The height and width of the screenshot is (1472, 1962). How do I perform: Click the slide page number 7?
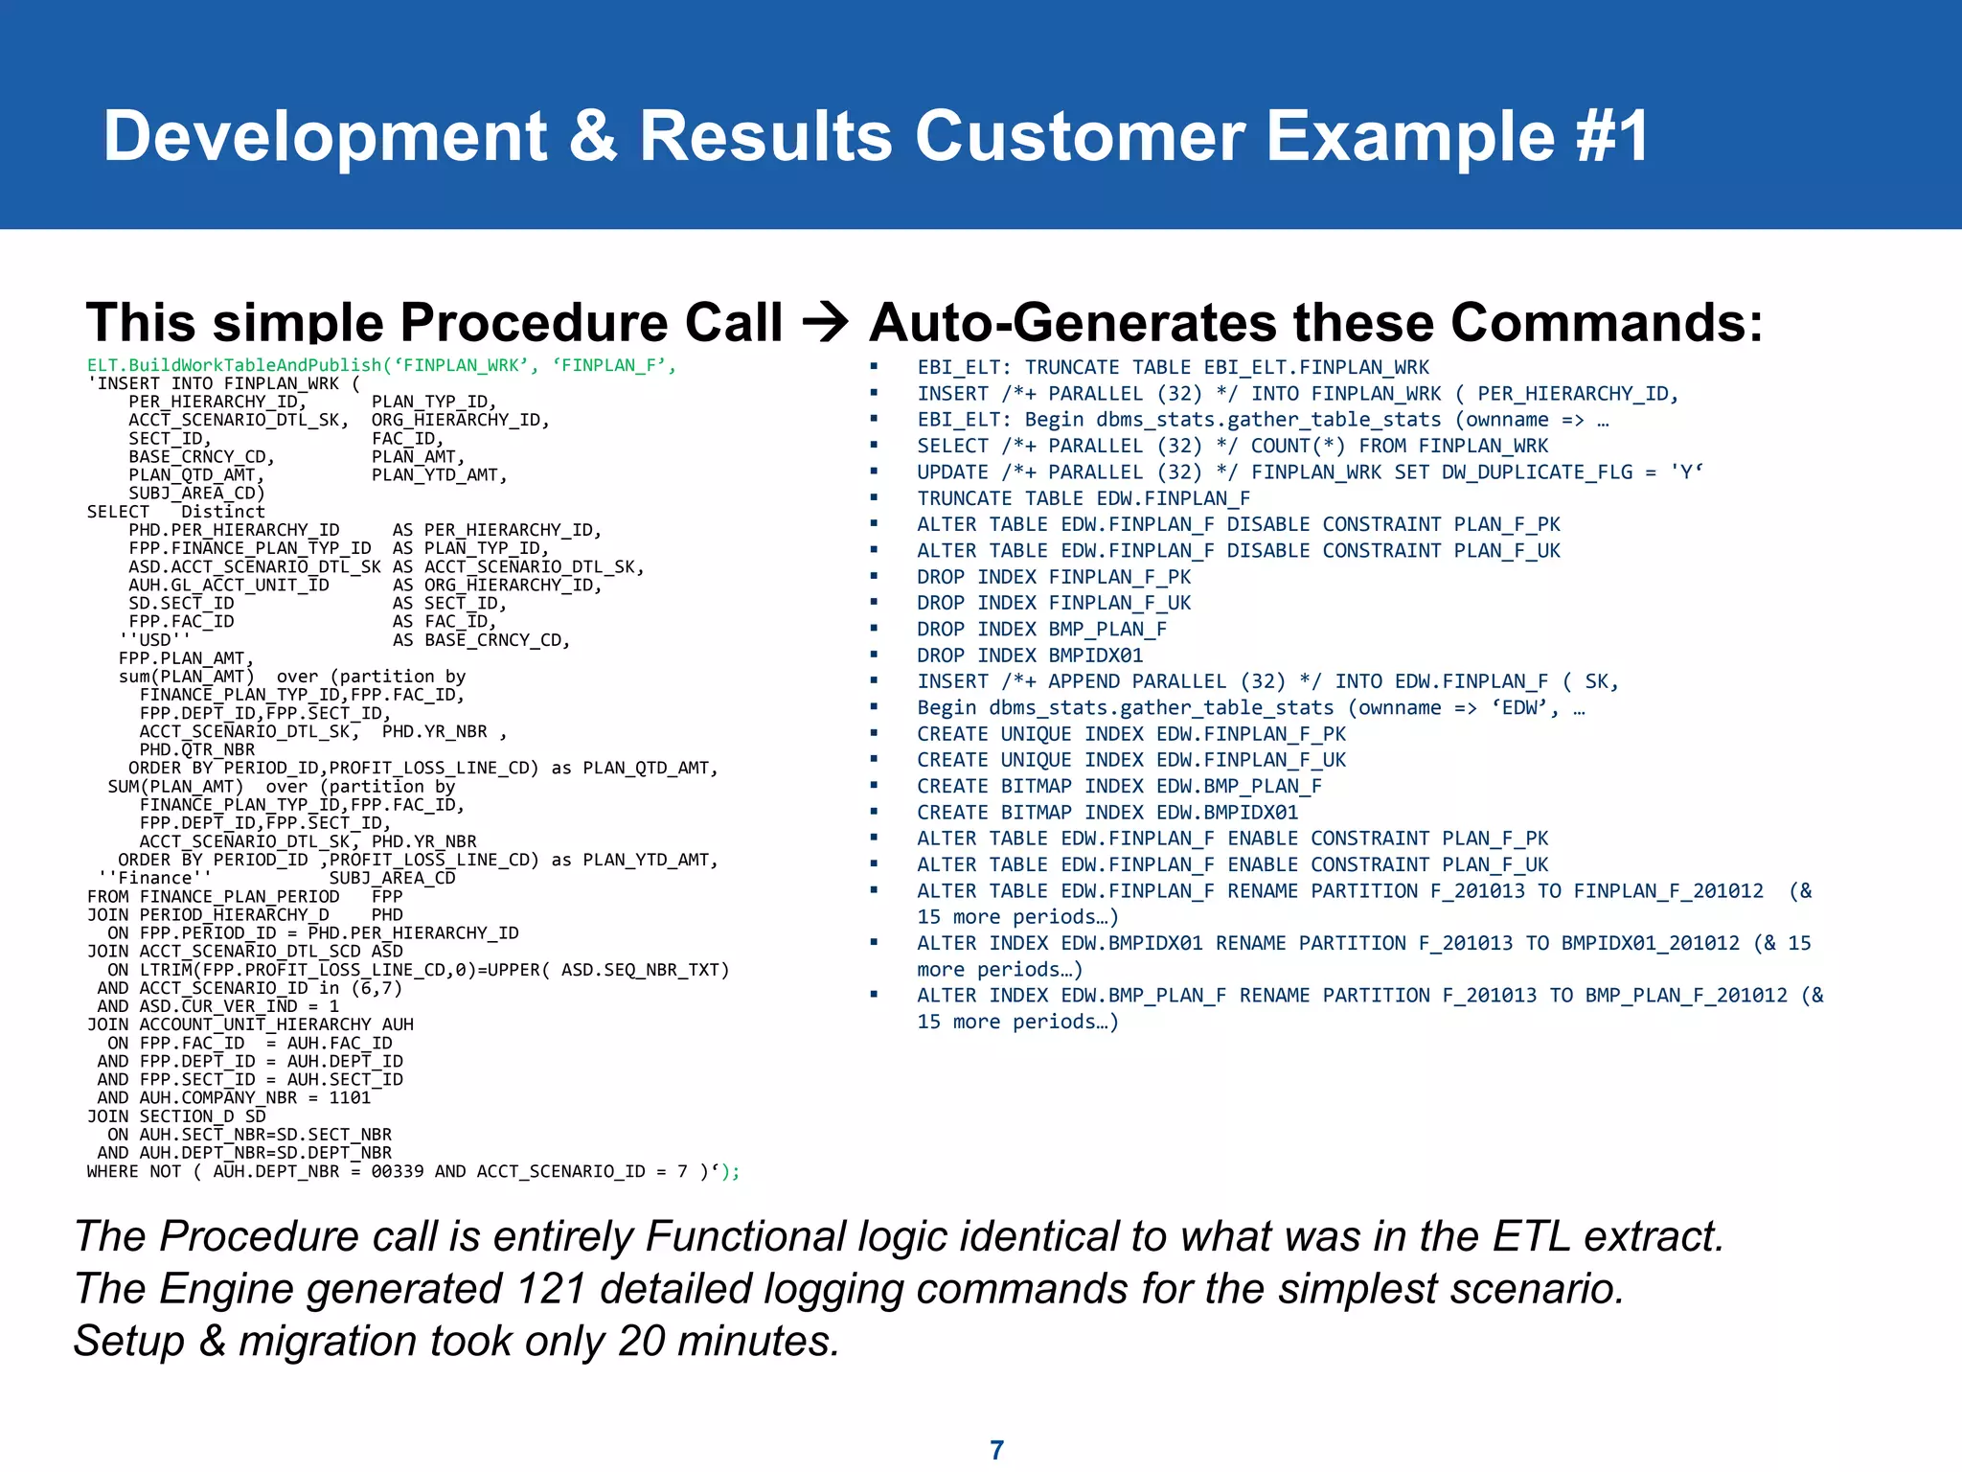996,1449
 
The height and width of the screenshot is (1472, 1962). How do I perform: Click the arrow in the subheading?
825,323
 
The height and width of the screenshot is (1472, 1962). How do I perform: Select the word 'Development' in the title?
325,136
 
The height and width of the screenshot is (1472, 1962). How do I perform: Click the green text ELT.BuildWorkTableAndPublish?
235,365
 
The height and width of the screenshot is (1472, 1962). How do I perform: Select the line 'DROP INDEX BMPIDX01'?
1030,655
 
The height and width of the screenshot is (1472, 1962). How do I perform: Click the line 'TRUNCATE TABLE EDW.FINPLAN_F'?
1084,498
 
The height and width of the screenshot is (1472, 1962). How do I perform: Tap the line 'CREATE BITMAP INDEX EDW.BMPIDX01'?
1107,813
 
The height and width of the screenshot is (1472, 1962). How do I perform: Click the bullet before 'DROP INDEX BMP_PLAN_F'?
874,629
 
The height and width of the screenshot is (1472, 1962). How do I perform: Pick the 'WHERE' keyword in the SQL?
113,1171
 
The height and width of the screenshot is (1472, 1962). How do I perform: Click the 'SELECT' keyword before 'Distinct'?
118,512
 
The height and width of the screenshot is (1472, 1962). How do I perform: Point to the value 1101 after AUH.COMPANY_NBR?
350,1098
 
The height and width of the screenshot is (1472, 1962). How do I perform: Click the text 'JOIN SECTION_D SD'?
176,1116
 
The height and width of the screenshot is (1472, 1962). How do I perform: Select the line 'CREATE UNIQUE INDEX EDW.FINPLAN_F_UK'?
1131,760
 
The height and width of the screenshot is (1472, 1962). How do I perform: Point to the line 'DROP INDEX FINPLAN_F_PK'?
1054,577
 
